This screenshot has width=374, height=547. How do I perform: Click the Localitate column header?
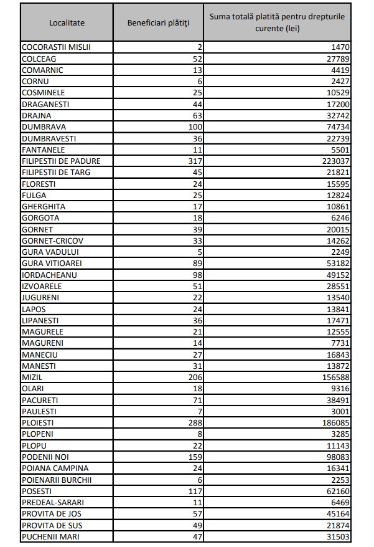point(67,23)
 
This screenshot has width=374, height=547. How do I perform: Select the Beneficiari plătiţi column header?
point(159,23)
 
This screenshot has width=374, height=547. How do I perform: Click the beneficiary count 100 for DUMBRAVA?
point(197,126)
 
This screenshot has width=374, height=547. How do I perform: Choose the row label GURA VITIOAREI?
point(52,263)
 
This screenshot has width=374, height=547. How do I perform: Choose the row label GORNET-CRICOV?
point(52,240)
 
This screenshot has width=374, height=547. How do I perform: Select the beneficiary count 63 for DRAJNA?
point(199,115)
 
